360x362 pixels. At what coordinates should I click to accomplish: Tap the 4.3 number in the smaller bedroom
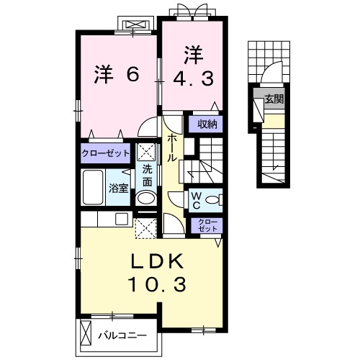[194, 77]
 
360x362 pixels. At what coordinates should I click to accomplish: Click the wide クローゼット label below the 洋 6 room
[105, 153]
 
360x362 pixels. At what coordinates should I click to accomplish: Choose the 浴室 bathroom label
[118, 189]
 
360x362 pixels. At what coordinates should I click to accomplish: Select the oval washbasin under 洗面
[146, 199]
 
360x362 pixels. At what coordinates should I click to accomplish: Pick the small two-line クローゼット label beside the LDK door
[205, 224]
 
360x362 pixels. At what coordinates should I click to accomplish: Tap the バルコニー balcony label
[122, 335]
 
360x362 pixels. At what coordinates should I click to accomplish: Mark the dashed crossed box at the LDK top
[145, 229]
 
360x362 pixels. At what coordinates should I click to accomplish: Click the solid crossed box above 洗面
[146, 153]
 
